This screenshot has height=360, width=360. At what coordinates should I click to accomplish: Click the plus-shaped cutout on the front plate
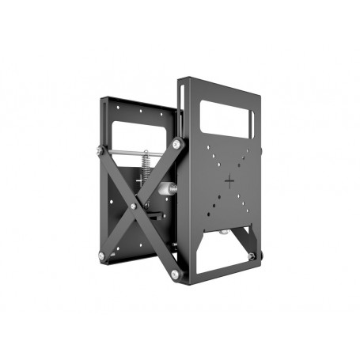tap(230, 180)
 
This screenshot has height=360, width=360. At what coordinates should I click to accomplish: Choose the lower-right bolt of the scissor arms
tap(176, 274)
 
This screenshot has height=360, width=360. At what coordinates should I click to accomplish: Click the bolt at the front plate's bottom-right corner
tap(252, 255)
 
